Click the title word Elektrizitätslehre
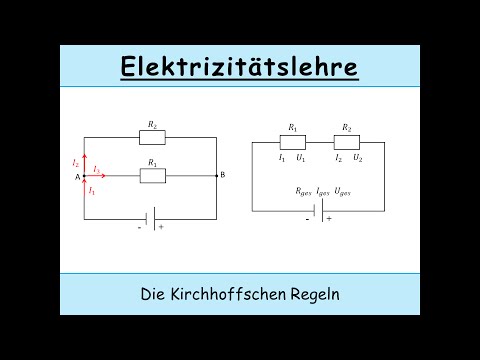click(x=239, y=68)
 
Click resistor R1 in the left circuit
click(x=153, y=176)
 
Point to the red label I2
click(x=76, y=161)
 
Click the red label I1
click(x=92, y=189)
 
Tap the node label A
click(x=76, y=177)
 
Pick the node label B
click(x=222, y=176)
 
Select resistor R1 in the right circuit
click(x=292, y=142)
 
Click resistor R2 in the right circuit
click(x=346, y=142)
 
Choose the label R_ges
click(x=302, y=190)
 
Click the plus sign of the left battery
click(x=161, y=227)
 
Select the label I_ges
click(x=323, y=190)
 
